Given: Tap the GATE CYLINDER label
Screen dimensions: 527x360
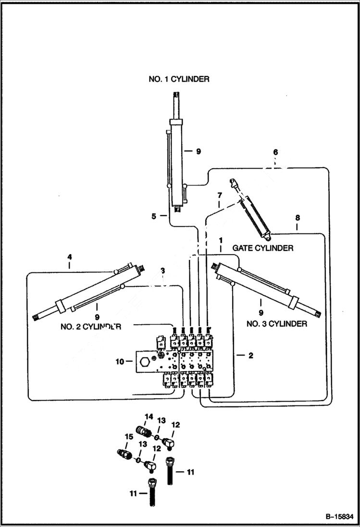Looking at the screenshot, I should (262, 248).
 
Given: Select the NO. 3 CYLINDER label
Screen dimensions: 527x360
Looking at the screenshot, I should (276, 324).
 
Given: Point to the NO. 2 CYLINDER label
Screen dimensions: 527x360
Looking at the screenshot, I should (90, 327).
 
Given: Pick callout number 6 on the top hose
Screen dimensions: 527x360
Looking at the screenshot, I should (275, 152).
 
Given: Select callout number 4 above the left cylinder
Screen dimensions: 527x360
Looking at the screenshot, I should (69, 257).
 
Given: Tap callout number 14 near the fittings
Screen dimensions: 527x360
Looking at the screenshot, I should (149, 416).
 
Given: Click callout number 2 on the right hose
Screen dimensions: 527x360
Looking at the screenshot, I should (250, 355).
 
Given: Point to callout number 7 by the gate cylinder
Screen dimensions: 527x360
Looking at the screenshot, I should (219, 196).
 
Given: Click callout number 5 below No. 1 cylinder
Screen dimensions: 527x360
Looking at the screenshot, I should (154, 216).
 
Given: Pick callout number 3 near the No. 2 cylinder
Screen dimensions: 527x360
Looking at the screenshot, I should (163, 270).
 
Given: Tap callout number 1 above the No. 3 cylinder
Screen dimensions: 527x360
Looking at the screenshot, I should (220, 239).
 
